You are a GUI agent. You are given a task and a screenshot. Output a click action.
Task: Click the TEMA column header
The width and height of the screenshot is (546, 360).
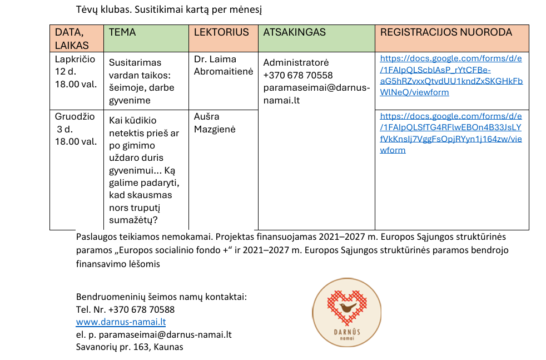[x=122, y=32]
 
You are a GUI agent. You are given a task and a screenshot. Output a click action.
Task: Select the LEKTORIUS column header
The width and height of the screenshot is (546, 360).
[x=221, y=32]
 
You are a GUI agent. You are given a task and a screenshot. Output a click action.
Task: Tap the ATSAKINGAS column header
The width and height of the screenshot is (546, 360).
[x=294, y=32]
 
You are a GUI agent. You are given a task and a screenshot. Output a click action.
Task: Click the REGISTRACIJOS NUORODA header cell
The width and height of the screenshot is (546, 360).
[x=446, y=32]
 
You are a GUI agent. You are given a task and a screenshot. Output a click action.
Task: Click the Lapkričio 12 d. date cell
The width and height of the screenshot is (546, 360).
[x=75, y=71]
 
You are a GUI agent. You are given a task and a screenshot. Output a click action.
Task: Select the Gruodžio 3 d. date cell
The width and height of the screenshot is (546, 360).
[x=75, y=129]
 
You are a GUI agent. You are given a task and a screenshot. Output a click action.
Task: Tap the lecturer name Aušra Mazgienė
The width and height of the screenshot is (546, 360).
[x=214, y=122]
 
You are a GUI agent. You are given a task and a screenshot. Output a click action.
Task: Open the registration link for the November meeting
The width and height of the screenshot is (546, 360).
[x=451, y=75]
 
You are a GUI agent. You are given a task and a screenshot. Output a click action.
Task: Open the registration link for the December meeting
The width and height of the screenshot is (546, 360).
[x=451, y=132]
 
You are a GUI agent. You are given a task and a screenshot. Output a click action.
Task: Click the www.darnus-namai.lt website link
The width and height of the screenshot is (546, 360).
[x=121, y=322]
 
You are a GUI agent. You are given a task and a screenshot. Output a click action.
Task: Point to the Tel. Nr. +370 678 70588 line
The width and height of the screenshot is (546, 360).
[x=125, y=309]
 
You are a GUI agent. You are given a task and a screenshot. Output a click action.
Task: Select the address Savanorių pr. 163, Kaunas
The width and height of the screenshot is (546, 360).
[x=130, y=347]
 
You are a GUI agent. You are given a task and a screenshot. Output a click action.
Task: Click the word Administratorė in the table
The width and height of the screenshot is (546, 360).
[x=296, y=62]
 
